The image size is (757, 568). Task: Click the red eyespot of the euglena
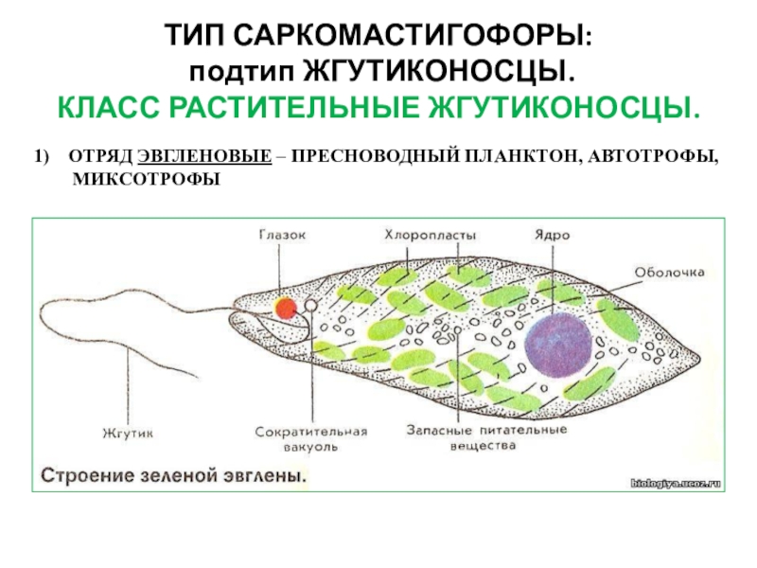[x=285, y=308]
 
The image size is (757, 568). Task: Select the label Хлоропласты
[x=431, y=235]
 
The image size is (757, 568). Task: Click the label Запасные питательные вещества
[x=487, y=437]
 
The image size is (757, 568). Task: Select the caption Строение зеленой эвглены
[x=173, y=474]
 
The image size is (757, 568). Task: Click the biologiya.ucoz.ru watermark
[x=676, y=482]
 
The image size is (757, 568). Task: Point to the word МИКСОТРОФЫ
[x=146, y=178]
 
